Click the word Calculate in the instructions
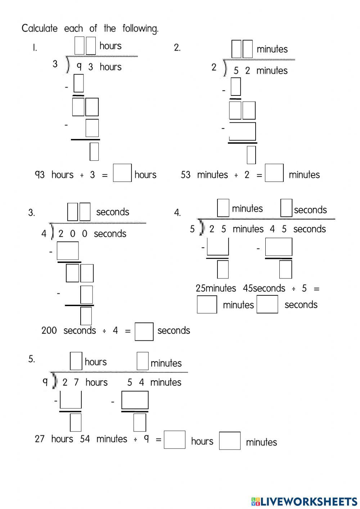click(x=39, y=28)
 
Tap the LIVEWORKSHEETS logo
click(x=304, y=501)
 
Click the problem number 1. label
click(x=35, y=48)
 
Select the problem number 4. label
click(x=177, y=213)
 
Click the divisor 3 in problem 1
click(x=55, y=64)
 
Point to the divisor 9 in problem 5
click(x=45, y=382)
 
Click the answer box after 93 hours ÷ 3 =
click(x=122, y=173)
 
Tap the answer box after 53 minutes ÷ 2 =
click(x=274, y=173)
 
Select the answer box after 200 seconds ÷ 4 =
click(x=144, y=331)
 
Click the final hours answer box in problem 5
click(x=175, y=440)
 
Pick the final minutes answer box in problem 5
click(x=230, y=441)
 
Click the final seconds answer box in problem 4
click(x=267, y=304)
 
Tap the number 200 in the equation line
click(x=49, y=330)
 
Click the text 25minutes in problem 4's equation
click(x=216, y=288)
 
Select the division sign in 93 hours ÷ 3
click(x=82, y=175)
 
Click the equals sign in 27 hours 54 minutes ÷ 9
click(x=158, y=439)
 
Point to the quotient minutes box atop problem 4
click(x=223, y=208)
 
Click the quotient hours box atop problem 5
click(x=76, y=361)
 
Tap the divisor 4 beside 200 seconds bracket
click(x=44, y=234)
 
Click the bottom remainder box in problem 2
click(x=251, y=155)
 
